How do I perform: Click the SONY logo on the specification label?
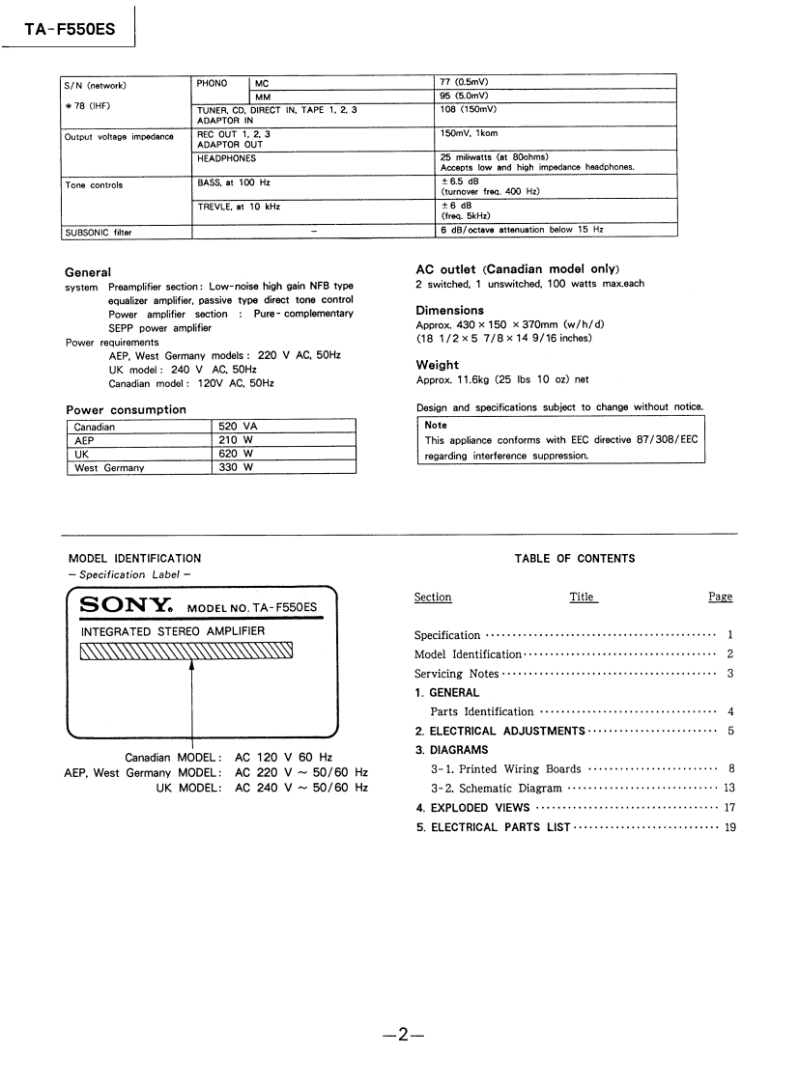[x=127, y=606]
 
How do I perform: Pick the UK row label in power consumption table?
[x=82, y=454]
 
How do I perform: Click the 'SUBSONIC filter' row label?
[x=98, y=232]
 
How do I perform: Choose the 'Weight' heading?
[x=437, y=365]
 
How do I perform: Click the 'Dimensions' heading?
[x=449, y=310]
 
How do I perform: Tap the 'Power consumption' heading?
[x=126, y=409]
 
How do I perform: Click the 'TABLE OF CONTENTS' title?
[x=575, y=559]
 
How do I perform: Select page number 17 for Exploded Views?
[x=729, y=808]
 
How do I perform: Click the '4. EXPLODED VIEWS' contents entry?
[x=472, y=808]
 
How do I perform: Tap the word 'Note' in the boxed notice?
[x=436, y=425]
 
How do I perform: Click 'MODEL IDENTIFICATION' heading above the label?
[x=134, y=559]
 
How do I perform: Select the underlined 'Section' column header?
[x=432, y=597]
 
